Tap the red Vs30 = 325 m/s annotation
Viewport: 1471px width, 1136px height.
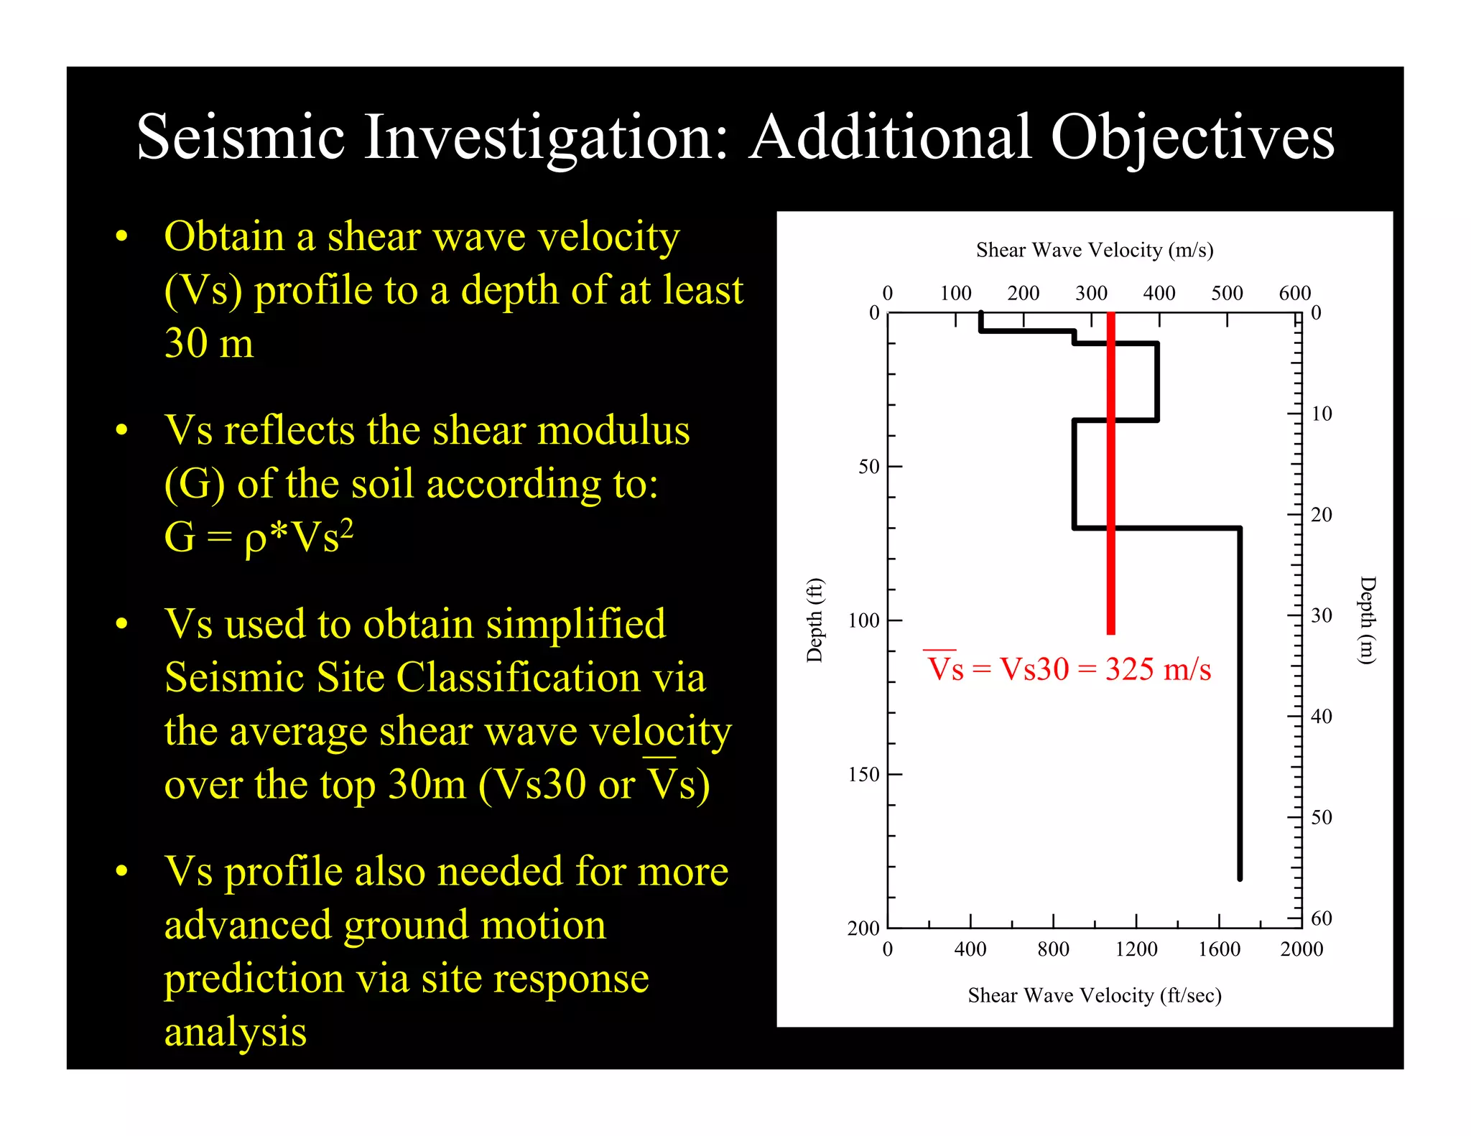coord(1069,669)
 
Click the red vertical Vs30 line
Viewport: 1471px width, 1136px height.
coord(1110,474)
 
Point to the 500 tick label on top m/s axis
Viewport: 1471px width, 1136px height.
coord(1227,293)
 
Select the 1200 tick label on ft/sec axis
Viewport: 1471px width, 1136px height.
coord(1136,949)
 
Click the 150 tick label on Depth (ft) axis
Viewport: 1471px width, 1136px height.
coord(863,774)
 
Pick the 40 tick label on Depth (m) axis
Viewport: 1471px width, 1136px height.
coord(1322,716)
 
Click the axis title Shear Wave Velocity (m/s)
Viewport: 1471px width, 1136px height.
coord(1095,250)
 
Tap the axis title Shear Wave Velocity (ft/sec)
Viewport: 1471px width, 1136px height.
coord(1095,995)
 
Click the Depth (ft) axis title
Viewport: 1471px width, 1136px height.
coord(815,620)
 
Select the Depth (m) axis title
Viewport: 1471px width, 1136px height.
coord(1368,620)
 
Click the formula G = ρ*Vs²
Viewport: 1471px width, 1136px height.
coord(259,536)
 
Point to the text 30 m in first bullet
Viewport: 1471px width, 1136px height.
coord(209,343)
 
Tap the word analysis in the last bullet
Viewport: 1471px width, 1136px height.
coord(236,1031)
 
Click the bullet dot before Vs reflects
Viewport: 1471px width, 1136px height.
coord(121,430)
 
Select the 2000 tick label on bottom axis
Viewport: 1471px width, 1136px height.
coord(1301,949)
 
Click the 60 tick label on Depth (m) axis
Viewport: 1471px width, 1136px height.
coord(1322,918)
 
